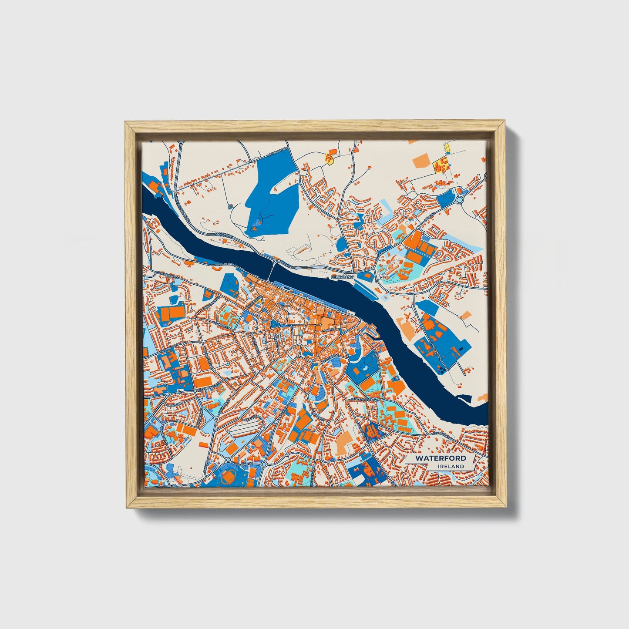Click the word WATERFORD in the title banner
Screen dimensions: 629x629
coord(440,458)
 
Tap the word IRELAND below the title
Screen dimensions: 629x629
coord(451,466)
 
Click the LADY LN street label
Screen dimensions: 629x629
coord(328,330)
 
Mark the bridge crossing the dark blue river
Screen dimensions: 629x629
coord(272,272)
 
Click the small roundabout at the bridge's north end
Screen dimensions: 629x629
coord(276,261)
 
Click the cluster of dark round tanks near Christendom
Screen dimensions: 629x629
coord(442,370)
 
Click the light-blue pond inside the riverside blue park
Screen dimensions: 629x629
coord(363,370)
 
